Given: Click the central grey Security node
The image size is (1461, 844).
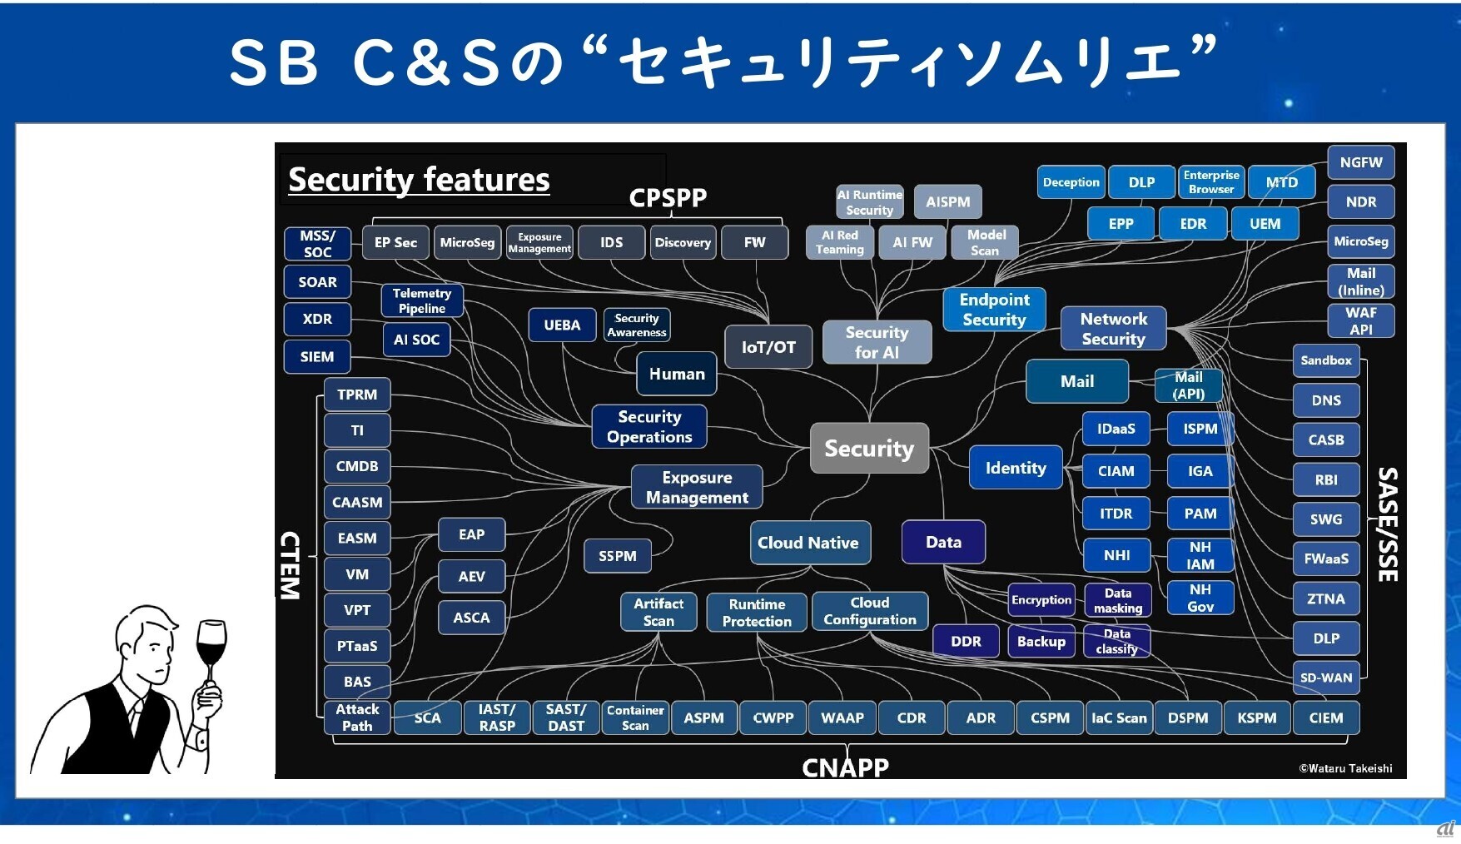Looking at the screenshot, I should [869, 449].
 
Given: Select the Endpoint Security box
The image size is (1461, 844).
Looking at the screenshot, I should [994, 310].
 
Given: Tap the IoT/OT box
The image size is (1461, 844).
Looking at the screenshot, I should [768, 347].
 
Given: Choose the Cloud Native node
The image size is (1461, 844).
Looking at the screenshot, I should [808, 543].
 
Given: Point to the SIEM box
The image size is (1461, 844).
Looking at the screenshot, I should [317, 356].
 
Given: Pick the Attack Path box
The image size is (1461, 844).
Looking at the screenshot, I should [357, 717].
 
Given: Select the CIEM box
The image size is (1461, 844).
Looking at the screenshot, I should [1326, 717].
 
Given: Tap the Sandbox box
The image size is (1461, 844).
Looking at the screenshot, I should [1326, 360].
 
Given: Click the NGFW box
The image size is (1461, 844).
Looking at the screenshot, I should [1360, 163].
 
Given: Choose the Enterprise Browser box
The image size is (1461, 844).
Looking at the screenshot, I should [1211, 182].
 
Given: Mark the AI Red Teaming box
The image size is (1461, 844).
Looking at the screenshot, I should [839, 242].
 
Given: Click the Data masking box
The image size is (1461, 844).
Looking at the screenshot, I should [1118, 600].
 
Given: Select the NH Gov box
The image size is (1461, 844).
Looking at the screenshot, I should [1200, 598].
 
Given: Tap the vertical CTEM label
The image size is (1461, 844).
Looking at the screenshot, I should [290, 565].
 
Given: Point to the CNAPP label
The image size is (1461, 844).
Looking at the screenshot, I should [845, 767].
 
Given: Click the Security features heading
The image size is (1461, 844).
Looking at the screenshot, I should [419, 180].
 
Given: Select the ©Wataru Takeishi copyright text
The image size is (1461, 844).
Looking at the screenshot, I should [1345, 768].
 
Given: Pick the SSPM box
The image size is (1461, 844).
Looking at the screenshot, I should [618, 556].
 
